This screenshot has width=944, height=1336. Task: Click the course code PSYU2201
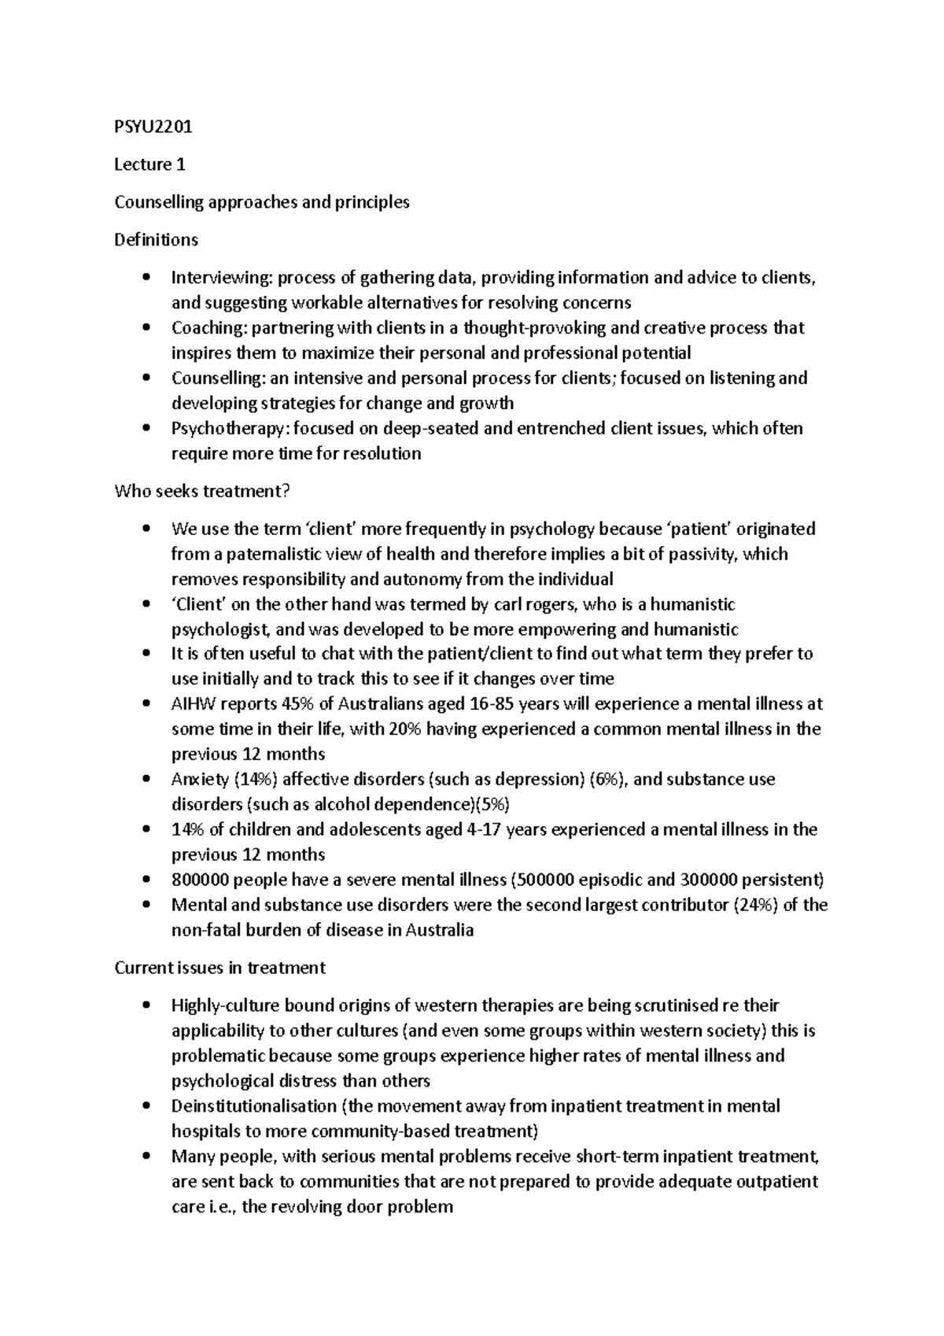[x=153, y=127]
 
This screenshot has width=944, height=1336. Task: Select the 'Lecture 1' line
[x=149, y=164]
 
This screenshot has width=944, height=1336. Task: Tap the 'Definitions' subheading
[x=156, y=240]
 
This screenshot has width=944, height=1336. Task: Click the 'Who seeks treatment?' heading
[x=202, y=492]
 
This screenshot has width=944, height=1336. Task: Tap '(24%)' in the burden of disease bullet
[x=754, y=906]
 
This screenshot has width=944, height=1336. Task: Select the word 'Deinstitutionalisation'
[x=253, y=1107]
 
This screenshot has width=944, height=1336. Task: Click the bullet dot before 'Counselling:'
[x=146, y=378]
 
